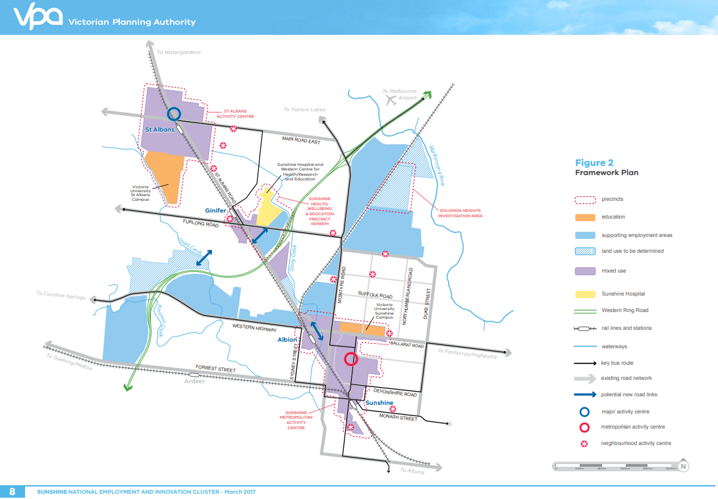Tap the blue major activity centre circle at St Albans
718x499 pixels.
[x=174, y=114]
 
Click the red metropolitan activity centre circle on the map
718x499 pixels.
[x=351, y=359]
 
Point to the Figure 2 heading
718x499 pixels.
[x=594, y=163]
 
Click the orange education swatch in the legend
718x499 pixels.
[x=585, y=217]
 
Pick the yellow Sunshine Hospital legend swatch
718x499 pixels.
[x=585, y=294]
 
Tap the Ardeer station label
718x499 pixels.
[x=194, y=381]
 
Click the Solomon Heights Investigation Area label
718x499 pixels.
[x=460, y=213]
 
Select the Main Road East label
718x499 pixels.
[x=300, y=140]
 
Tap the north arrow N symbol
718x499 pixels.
[x=683, y=466]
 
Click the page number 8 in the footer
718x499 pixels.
[x=13, y=491]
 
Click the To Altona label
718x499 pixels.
[x=413, y=471]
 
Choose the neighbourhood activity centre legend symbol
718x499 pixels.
[x=584, y=444]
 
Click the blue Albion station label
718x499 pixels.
[x=287, y=340]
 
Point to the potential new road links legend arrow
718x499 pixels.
[x=585, y=394]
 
